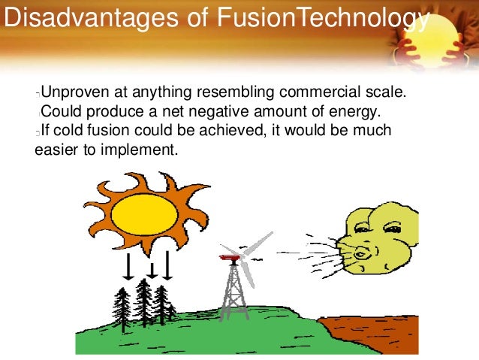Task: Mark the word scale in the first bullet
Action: (385, 94)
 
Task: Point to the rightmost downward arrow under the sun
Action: (167, 265)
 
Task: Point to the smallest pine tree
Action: (172, 310)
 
